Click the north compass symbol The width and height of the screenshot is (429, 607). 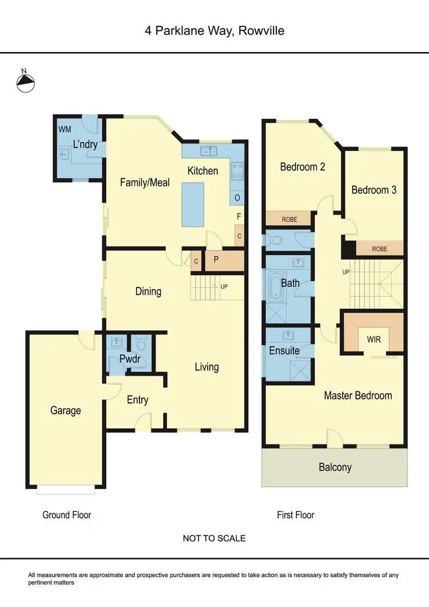click(25, 82)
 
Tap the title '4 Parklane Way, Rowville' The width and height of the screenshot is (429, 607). click(214, 30)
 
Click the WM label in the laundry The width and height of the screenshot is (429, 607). click(65, 129)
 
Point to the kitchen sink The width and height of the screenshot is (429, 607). click(209, 151)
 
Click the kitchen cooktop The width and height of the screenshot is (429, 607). click(237, 170)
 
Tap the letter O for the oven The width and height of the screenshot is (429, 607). click(237, 198)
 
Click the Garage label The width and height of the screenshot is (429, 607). click(65, 410)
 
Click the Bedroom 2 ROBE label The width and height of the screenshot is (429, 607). click(289, 219)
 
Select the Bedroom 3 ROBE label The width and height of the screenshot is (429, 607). click(380, 248)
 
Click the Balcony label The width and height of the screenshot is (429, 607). click(335, 467)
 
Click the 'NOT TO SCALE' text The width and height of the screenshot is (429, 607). click(214, 538)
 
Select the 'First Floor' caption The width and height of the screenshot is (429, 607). click(296, 515)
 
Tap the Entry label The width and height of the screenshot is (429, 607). click(137, 399)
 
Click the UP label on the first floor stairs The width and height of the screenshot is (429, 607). click(345, 272)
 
